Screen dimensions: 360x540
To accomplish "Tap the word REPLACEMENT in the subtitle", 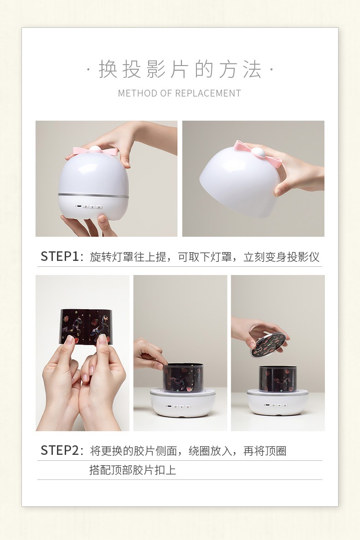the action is [208, 93].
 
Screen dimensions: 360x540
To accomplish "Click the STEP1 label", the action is [60, 257].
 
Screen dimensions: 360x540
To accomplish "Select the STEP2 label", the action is [60, 450].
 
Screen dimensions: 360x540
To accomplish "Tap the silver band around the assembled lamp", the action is [93, 195].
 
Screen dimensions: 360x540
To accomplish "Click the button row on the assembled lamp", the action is [89, 207].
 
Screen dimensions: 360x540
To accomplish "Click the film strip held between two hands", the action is [86, 326].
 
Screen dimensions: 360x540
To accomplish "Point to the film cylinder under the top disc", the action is [278, 379].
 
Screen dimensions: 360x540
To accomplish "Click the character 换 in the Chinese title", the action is [108, 69].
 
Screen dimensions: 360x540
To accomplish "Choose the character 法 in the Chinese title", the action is [252, 69].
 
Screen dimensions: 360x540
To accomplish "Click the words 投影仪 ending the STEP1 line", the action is [303, 257].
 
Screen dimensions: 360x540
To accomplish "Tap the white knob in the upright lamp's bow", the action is [94, 149].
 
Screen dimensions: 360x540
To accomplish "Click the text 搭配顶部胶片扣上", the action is [133, 470].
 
